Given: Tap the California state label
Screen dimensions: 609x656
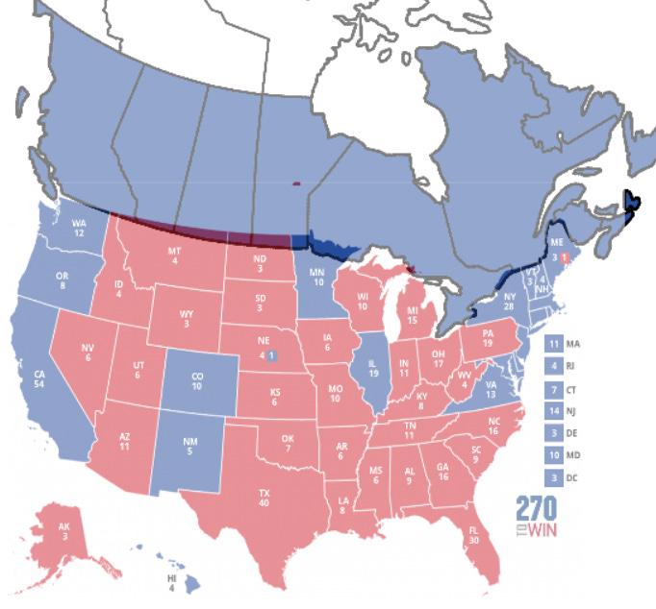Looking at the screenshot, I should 40,378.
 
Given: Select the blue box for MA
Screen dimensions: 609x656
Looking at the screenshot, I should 553,343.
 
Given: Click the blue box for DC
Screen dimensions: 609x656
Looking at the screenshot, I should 553,477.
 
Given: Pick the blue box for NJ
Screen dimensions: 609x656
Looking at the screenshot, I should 553,410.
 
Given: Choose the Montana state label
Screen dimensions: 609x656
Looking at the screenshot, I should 174,256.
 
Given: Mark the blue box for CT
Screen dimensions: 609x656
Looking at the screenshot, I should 553,388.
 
